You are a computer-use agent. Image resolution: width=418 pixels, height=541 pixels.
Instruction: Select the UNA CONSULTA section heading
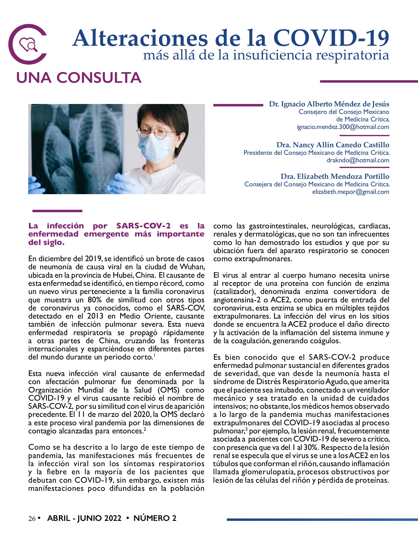point(79,78)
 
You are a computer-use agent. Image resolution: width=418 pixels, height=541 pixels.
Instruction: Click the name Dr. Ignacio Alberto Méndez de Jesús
point(329,104)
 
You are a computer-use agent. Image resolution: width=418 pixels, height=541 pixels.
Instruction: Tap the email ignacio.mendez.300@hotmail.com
point(343,127)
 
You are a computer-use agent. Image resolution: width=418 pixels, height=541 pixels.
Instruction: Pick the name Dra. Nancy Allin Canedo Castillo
point(333,145)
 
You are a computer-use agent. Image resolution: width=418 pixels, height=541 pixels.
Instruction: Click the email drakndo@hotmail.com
point(358,160)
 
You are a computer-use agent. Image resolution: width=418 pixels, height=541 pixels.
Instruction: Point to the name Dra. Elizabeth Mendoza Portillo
point(335,176)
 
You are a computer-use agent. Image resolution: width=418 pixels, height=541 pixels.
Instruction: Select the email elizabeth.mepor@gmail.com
point(350,192)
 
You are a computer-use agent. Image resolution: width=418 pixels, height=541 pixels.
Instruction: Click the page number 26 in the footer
point(32,518)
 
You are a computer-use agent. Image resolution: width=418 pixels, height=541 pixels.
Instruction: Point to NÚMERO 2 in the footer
point(155,518)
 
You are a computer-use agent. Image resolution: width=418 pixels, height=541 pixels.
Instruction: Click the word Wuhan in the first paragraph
point(192,267)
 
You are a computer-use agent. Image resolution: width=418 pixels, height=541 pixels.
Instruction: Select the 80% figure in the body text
point(95,300)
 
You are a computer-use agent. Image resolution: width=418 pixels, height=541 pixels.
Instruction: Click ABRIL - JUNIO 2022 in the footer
point(84,518)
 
